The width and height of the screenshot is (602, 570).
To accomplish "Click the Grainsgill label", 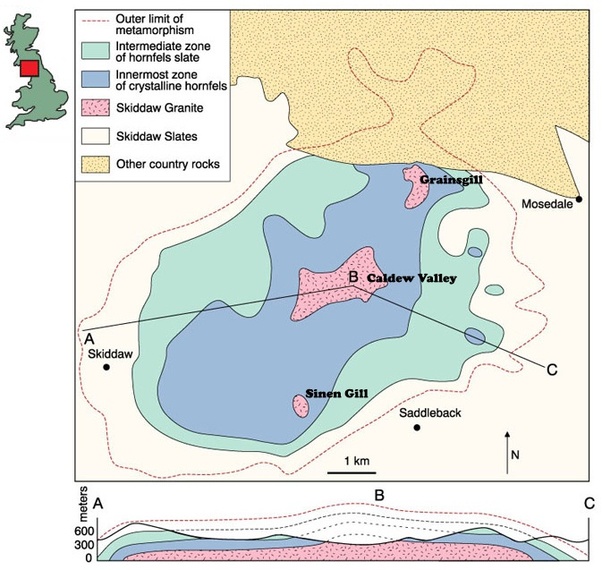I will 454,181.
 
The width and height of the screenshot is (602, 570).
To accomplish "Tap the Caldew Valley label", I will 411,279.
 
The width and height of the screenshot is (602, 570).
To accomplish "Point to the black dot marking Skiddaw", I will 107,367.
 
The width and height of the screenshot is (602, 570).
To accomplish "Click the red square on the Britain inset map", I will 29,68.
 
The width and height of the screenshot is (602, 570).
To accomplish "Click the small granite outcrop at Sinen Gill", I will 299,405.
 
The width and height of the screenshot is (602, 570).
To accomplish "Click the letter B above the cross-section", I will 379,494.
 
